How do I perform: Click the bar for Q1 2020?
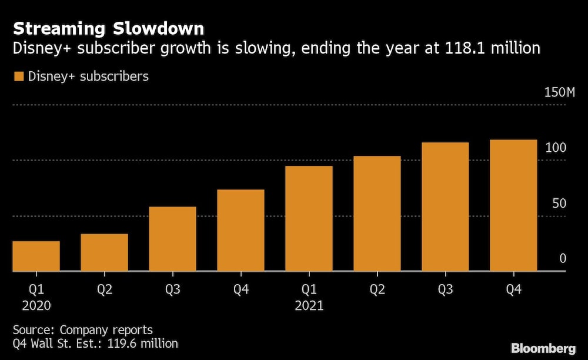[36, 256]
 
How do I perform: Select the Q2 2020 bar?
[104, 252]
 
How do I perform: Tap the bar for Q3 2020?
[172, 239]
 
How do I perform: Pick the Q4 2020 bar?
[240, 230]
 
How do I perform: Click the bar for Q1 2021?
[309, 218]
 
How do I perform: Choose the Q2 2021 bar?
[377, 214]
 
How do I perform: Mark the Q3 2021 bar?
[445, 206]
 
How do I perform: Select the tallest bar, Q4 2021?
[513, 205]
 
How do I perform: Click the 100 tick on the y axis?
[556, 148]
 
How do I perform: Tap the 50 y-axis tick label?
[559, 204]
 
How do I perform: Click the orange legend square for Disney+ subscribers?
[18, 76]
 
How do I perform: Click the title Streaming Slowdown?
[109, 29]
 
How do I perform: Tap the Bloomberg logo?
[543, 348]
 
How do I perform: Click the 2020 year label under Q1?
[36, 306]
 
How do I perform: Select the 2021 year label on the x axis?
[309, 306]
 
